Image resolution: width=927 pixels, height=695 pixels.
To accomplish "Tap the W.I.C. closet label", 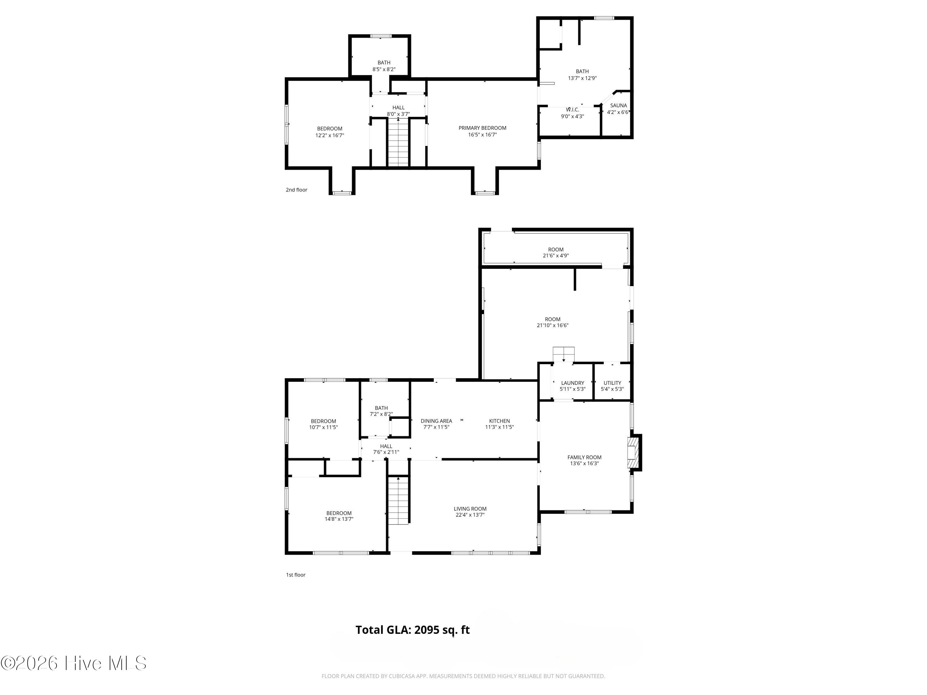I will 573,110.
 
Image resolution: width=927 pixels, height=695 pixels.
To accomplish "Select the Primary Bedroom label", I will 482,128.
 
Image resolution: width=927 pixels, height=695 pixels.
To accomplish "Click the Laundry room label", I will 573,383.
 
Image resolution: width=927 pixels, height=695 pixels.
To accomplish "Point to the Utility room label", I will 612,383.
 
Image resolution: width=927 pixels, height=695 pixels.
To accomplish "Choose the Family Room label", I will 584,457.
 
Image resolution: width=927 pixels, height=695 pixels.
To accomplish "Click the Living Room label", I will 470,509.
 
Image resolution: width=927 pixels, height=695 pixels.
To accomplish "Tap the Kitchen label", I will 500,421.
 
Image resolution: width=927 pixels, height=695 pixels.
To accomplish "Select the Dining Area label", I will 436,421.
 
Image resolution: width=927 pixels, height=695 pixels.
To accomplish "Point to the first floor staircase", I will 398,501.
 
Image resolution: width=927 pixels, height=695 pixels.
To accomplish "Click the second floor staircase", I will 398,142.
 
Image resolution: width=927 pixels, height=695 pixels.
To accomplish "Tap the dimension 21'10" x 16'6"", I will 552,326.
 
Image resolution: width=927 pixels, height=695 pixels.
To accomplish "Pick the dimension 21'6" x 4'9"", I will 556,255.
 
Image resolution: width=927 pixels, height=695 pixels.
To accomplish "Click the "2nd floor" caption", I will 296,190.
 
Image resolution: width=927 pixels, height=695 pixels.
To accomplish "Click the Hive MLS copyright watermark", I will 73,663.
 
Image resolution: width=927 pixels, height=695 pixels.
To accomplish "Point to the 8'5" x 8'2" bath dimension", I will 384,69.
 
